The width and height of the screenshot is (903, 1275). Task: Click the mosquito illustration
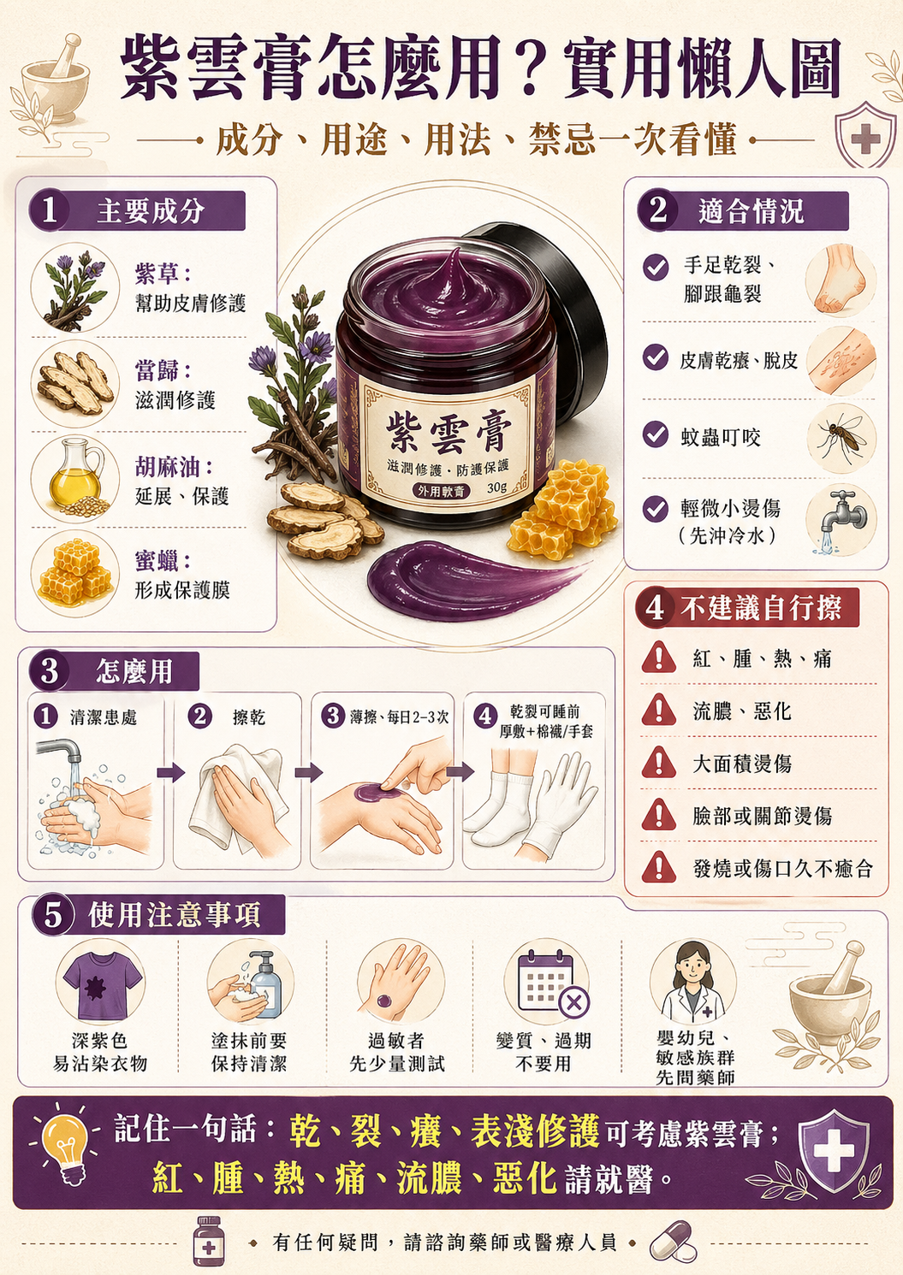point(841,438)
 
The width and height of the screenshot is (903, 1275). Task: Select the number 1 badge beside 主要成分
point(49,210)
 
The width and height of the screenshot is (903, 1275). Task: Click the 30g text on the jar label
point(496,487)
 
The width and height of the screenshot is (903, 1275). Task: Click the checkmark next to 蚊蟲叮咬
point(655,435)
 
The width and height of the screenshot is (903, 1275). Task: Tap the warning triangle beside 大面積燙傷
point(658,764)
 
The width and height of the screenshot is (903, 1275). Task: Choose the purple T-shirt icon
point(101,986)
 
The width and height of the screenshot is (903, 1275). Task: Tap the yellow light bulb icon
point(67,1143)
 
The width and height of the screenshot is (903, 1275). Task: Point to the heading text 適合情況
point(751,212)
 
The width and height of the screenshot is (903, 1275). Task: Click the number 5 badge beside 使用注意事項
point(53,916)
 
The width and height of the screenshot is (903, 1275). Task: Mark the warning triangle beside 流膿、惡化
point(658,711)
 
